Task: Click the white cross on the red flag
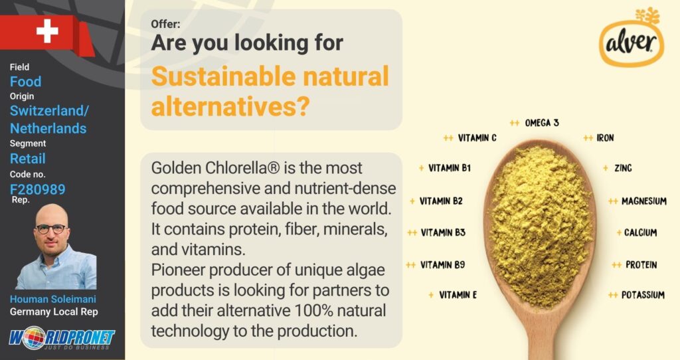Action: pyautogui.click(x=47, y=31)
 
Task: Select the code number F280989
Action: pyautogui.click(x=38, y=189)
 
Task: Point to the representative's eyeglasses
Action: pyautogui.click(x=52, y=228)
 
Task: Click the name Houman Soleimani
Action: pyautogui.click(x=53, y=299)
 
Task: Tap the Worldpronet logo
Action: pyautogui.click(x=62, y=339)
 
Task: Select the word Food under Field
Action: pyautogui.click(x=26, y=82)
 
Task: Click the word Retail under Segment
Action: pyautogui.click(x=28, y=158)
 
